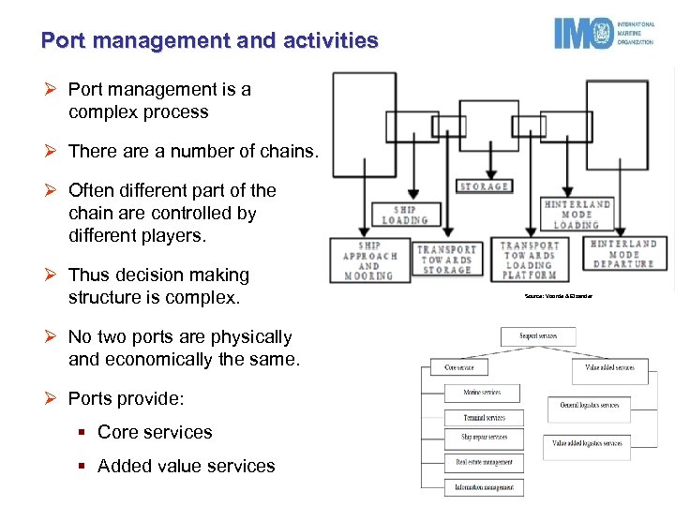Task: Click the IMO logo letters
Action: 582,35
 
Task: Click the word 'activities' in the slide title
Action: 332,41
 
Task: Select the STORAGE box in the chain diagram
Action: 485,186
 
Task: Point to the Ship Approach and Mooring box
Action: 367,260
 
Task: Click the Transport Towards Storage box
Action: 446,260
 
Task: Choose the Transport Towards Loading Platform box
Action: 530,260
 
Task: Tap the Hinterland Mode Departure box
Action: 622,254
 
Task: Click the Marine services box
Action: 482,393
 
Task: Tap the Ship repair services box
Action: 484,437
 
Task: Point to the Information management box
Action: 484,486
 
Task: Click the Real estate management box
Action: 484,462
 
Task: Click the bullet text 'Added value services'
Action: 187,466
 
